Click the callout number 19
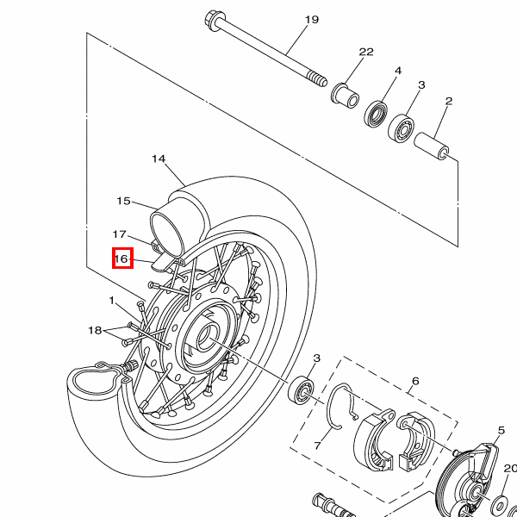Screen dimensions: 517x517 coord(312,20)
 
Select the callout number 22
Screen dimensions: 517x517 coord(366,52)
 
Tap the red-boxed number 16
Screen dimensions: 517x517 coord(121,258)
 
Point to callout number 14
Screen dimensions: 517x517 coord(159,159)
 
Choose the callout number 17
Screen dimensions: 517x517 coord(120,234)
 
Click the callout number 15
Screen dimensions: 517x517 coord(123,201)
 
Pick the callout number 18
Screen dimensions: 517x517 coord(95,330)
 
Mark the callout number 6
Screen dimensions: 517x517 coord(415,381)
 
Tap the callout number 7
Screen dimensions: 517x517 coord(317,445)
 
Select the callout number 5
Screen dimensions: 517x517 coord(501,430)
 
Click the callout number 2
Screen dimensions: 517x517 coord(449,101)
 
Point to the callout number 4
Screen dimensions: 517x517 coord(398,71)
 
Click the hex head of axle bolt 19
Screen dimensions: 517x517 coord(214,21)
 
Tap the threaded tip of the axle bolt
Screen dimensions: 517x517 coord(317,79)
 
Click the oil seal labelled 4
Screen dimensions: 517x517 coord(376,114)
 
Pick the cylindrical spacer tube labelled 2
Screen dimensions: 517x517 coord(432,146)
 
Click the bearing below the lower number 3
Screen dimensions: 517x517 coord(301,389)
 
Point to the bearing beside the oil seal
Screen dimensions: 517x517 coord(402,128)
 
